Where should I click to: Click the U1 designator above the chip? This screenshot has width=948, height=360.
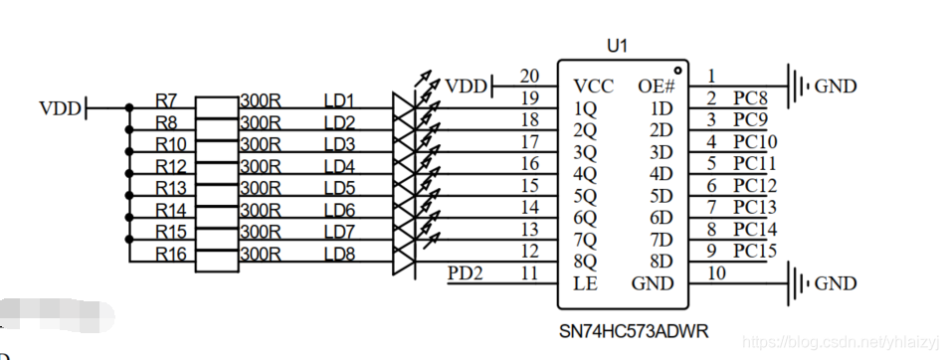pyautogui.click(x=617, y=46)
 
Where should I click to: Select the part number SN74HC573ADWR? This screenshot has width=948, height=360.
pyautogui.click(x=635, y=331)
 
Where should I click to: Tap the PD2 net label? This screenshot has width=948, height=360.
pyautogui.click(x=466, y=273)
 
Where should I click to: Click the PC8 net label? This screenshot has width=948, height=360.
pyautogui.click(x=750, y=98)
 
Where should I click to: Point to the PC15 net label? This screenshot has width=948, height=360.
pyautogui.click(x=755, y=251)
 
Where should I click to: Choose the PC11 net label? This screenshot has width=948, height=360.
pyautogui.click(x=755, y=164)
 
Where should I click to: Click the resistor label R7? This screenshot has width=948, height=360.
pyautogui.click(x=166, y=100)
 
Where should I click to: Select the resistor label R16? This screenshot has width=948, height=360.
pyautogui.click(x=171, y=254)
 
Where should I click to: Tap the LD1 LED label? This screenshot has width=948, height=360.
pyautogui.click(x=340, y=100)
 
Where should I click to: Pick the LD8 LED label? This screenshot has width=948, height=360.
pyautogui.click(x=340, y=254)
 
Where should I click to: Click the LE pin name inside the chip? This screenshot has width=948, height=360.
pyautogui.click(x=585, y=283)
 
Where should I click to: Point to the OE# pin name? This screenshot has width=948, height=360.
pyautogui.click(x=656, y=87)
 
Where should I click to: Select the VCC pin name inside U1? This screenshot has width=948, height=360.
pyautogui.click(x=594, y=87)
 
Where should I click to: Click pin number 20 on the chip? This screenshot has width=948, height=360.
pyautogui.click(x=529, y=77)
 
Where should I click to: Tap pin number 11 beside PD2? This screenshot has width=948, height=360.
pyautogui.click(x=529, y=273)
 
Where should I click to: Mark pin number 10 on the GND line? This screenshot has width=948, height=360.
pyautogui.click(x=716, y=273)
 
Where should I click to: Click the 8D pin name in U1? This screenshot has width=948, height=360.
pyautogui.click(x=663, y=262)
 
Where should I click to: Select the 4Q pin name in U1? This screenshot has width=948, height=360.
pyautogui.click(x=585, y=175)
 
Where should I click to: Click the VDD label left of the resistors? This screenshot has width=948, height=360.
pyautogui.click(x=60, y=108)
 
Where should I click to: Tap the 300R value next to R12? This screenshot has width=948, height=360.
pyautogui.click(x=261, y=166)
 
